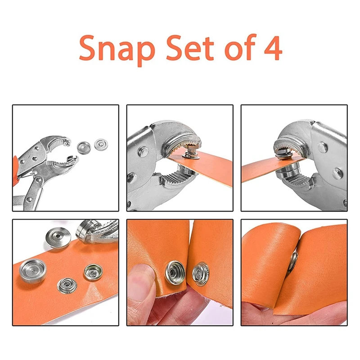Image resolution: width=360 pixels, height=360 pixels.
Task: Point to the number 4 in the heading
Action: click(273, 48)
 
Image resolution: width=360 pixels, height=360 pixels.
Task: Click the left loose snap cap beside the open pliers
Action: click(84, 148)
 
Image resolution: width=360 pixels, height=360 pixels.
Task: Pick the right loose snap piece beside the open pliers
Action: click(101, 144)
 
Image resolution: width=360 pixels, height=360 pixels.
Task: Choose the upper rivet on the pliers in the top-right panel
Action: click(322, 146)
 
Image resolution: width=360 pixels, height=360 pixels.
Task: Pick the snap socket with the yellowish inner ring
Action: click(93, 273)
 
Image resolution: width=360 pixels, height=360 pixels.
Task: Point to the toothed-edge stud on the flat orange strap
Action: click(67, 286)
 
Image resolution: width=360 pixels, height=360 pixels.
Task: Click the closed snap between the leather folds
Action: click(293, 261)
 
